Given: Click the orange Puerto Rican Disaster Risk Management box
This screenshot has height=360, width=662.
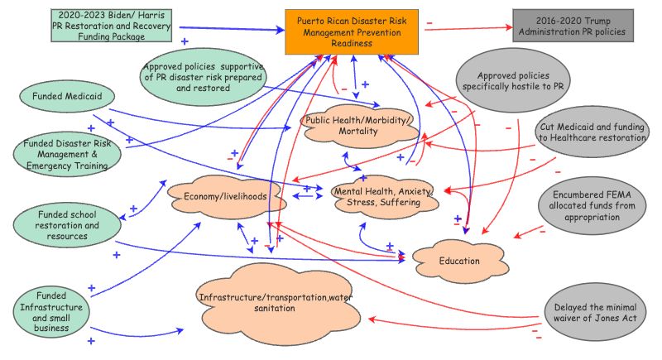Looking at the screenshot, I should [353, 31].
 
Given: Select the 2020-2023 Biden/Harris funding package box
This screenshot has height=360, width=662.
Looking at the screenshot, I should [113, 26].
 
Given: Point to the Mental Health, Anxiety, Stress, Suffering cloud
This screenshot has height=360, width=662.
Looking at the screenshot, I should [383, 197].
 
